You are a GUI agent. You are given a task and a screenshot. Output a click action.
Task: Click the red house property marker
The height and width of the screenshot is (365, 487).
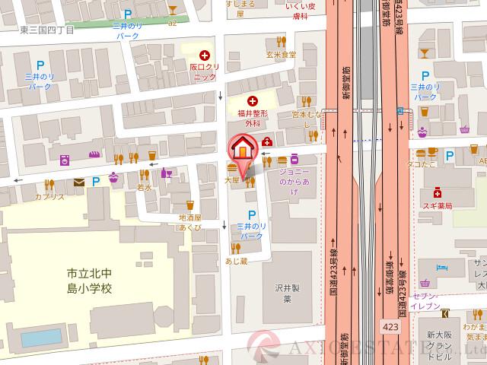point(243,146)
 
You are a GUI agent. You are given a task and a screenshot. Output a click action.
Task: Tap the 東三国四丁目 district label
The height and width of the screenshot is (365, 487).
point(47,30)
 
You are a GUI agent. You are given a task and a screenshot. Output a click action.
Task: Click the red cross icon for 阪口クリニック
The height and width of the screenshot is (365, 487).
point(204,55)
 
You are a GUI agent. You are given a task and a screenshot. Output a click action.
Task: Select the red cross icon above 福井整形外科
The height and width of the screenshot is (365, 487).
point(253,100)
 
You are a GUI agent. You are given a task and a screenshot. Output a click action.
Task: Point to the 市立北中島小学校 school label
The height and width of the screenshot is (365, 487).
point(89,280)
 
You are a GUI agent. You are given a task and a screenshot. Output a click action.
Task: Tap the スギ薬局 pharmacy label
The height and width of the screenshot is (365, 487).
point(438,205)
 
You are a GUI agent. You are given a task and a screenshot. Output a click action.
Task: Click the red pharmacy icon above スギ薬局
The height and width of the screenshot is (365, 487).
point(438,192)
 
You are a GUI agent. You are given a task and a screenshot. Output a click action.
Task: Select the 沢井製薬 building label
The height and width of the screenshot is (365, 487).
point(283,294)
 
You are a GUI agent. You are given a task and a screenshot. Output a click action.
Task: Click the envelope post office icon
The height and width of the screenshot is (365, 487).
point(79,182)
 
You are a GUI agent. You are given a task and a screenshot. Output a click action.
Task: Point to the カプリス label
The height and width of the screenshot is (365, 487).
point(49,196)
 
